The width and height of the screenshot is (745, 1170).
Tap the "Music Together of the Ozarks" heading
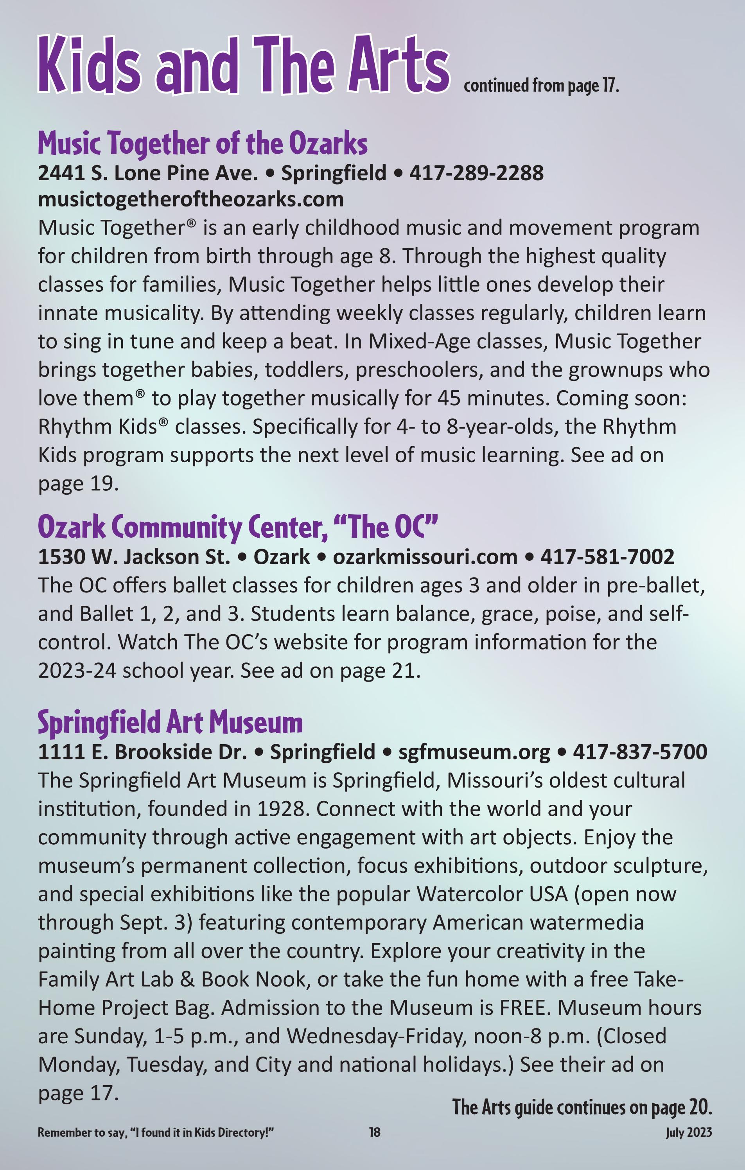coord(203,144)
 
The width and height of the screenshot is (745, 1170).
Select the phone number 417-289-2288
coord(476,173)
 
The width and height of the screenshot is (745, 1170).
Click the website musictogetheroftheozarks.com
coord(190,199)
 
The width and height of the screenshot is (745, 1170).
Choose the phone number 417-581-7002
coord(607,557)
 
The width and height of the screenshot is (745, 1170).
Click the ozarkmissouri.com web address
coord(425,557)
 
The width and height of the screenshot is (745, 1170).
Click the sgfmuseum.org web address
coord(474,752)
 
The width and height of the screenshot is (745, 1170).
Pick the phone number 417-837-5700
coord(639,752)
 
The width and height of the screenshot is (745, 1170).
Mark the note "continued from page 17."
coord(541,86)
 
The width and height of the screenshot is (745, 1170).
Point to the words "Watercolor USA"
coord(492,894)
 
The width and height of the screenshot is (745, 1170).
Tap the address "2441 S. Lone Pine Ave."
coord(148,173)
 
